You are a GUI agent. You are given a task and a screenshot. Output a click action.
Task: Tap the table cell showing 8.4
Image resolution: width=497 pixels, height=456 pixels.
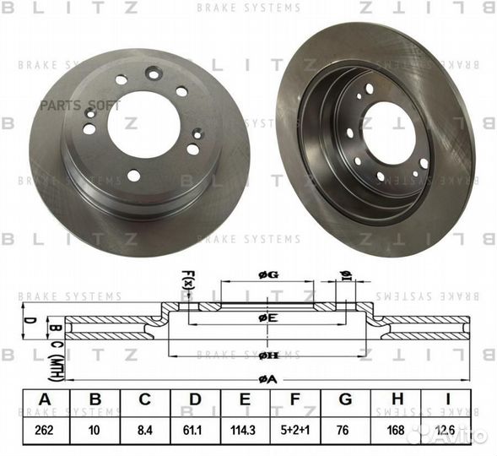[145, 428]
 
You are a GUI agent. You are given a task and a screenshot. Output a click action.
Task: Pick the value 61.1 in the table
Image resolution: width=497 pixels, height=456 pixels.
[196, 428]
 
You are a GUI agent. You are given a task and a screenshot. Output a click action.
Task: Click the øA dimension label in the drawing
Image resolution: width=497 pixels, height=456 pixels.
[267, 379]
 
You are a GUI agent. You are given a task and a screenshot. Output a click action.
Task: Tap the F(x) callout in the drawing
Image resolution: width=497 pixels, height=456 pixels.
[188, 278]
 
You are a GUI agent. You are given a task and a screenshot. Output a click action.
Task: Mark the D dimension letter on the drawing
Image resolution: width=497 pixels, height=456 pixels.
[28, 321]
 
